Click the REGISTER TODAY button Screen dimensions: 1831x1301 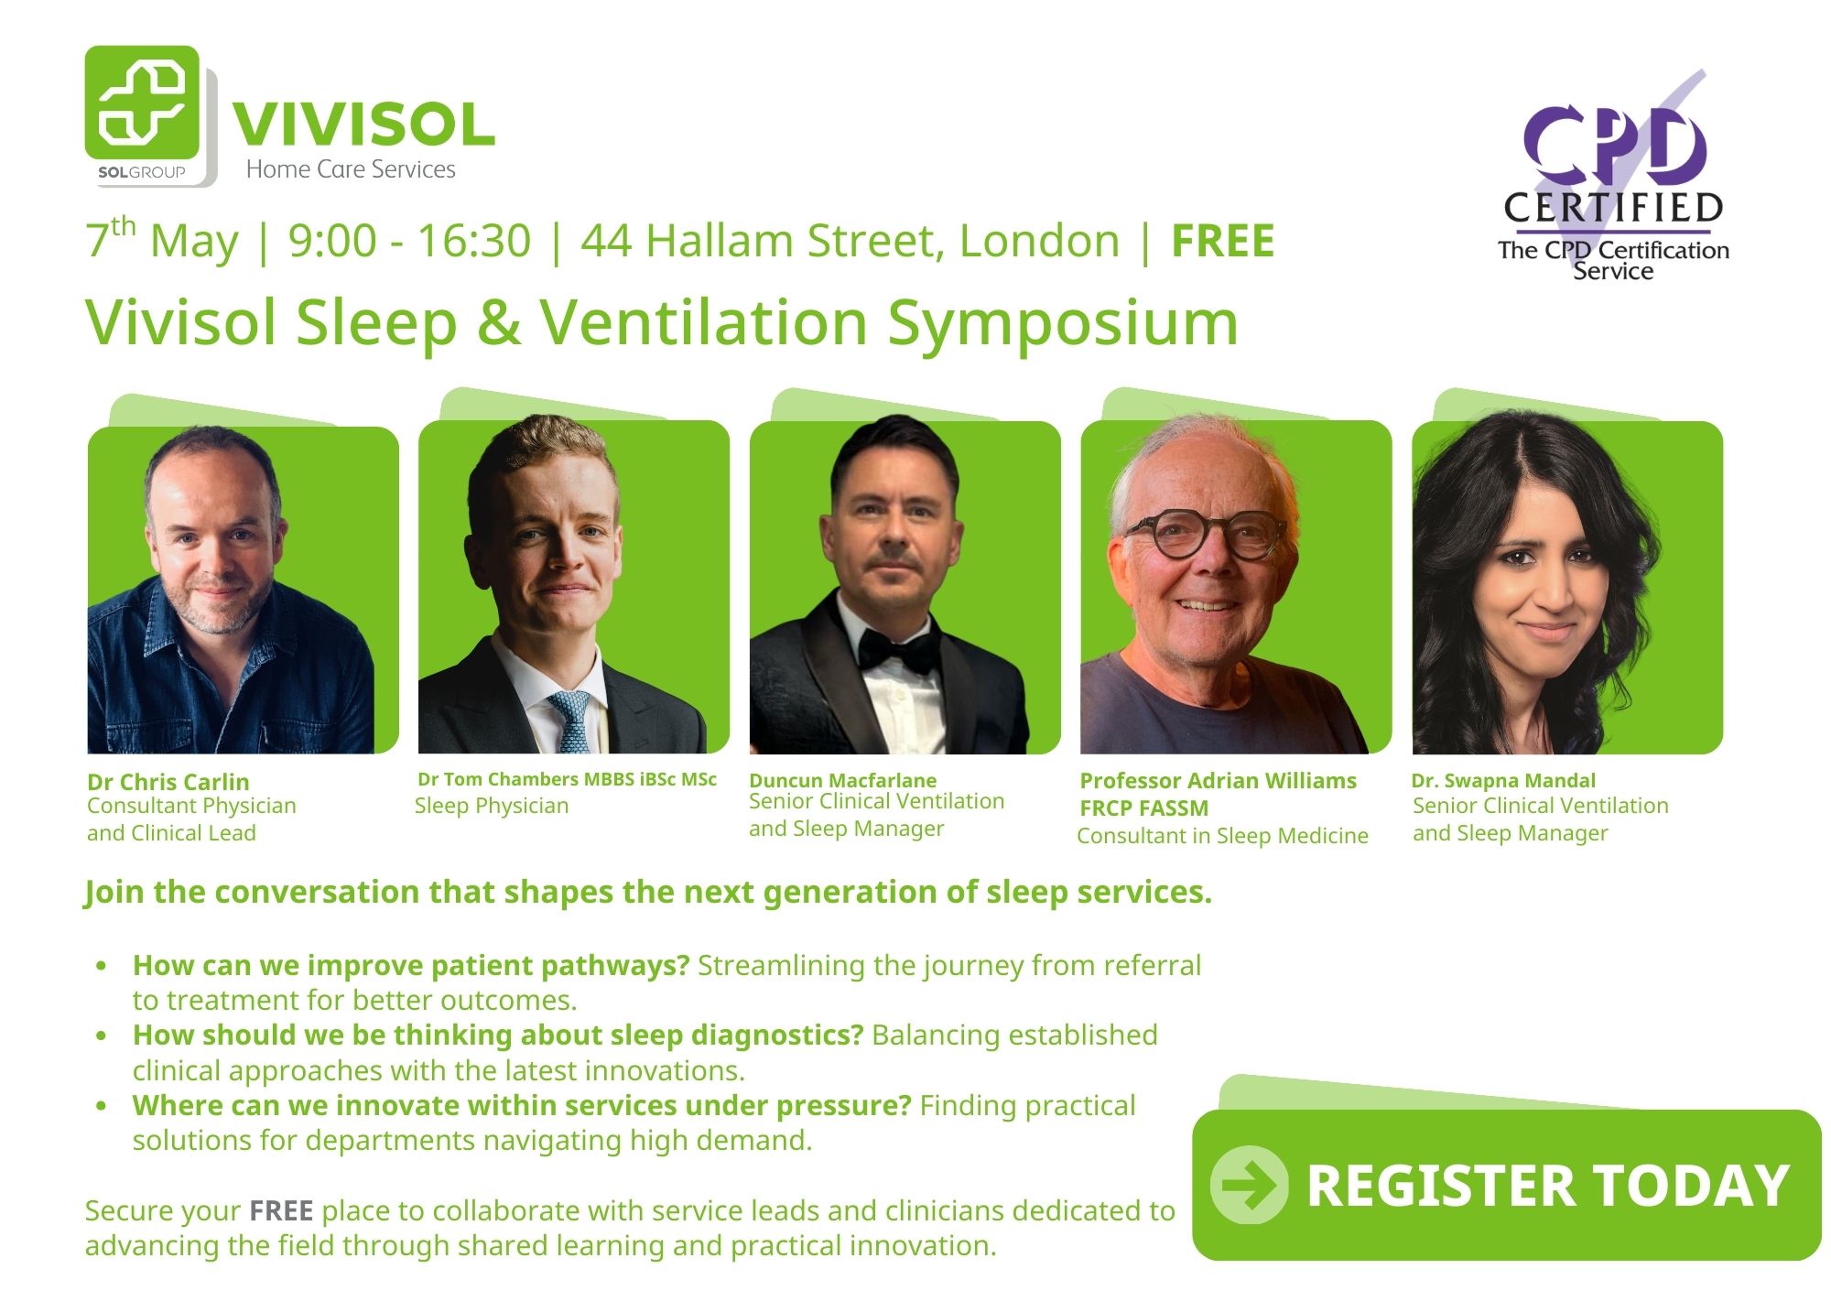(1506, 1185)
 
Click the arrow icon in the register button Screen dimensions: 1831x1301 (1249, 1185)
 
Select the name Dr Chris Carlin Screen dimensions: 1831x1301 (168, 782)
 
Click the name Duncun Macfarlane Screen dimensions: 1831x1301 (842, 780)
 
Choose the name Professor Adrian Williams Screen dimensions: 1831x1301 (1219, 781)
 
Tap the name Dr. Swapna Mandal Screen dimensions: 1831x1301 (1503, 781)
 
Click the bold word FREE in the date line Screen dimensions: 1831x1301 (1223, 242)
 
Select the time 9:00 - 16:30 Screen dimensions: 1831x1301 (409, 242)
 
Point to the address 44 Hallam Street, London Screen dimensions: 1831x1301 (850, 242)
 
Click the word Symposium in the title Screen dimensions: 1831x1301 (1063, 325)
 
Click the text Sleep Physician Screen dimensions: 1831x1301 (492, 807)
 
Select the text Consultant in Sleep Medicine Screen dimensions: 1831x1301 (1222, 836)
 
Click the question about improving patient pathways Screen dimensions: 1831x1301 (411, 966)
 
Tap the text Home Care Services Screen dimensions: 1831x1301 (351, 169)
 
